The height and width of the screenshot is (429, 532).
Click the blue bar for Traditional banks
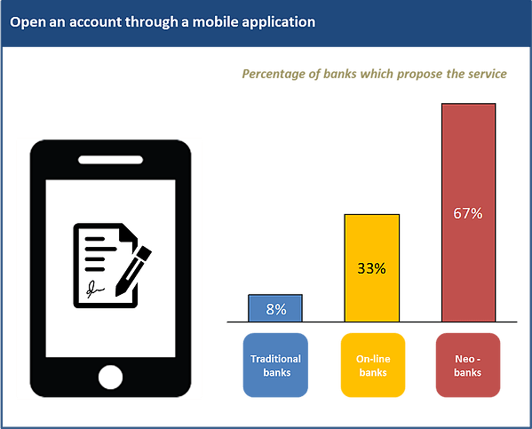click(x=275, y=308)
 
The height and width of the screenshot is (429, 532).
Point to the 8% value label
click(x=275, y=309)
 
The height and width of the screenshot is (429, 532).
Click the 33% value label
click(x=372, y=268)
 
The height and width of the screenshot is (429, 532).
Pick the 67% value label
click(x=467, y=213)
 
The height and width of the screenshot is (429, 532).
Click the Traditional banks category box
click(x=275, y=365)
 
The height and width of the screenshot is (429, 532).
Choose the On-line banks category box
click(x=372, y=365)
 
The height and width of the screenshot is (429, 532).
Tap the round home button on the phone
click(x=110, y=377)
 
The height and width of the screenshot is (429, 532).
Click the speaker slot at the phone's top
click(x=110, y=160)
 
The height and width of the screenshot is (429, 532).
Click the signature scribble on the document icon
click(x=93, y=288)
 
